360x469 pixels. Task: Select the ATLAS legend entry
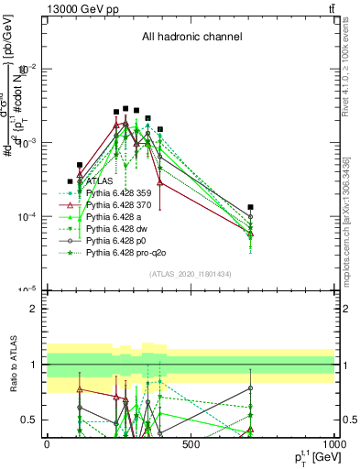(99, 181)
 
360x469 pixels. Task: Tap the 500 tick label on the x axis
(191, 444)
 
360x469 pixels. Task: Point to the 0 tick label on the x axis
(47, 444)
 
